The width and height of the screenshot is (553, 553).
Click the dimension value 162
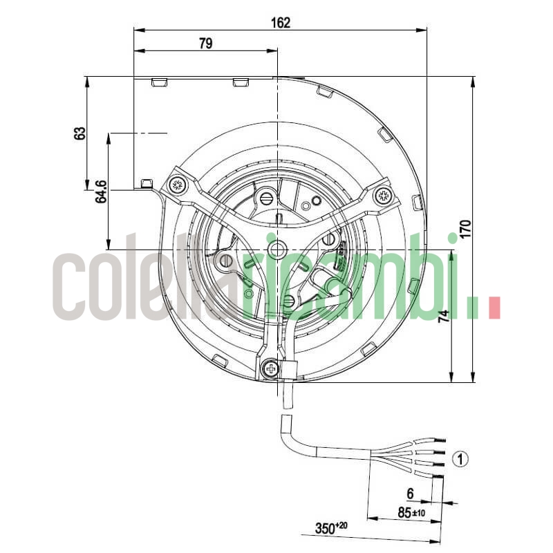pyautogui.click(x=280, y=22)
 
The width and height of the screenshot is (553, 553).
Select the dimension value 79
pyautogui.click(x=205, y=44)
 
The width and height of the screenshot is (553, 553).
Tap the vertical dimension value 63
pyautogui.click(x=80, y=133)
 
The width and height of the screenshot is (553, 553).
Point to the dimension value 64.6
pyautogui.click(x=102, y=191)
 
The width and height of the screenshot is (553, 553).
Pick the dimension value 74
pyautogui.click(x=444, y=316)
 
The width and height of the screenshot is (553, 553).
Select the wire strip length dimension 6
pyautogui.click(x=409, y=494)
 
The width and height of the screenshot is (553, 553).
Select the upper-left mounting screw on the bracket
pyautogui.click(x=176, y=185)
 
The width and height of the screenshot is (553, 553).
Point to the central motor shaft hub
pyautogui.click(x=277, y=249)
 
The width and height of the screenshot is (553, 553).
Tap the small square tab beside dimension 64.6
pyautogui.click(x=146, y=183)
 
